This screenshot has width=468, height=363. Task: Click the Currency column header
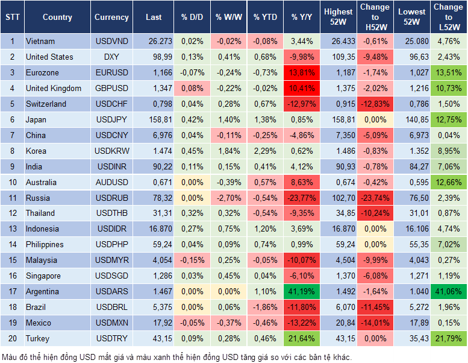111,17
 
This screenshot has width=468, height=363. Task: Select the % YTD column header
265,17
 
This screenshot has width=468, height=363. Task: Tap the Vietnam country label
40,42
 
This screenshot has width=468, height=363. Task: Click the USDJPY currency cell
111,119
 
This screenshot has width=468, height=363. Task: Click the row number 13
12,229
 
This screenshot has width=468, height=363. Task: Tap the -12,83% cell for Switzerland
375,104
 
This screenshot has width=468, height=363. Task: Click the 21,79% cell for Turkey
449,338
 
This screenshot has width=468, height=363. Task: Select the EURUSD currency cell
111,72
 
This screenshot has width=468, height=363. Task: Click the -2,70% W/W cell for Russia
228,198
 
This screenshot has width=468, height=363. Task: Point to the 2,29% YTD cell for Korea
265,151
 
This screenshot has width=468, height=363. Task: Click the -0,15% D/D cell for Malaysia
192,260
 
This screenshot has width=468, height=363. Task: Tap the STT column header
12,17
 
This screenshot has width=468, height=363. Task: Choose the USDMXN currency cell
111,323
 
